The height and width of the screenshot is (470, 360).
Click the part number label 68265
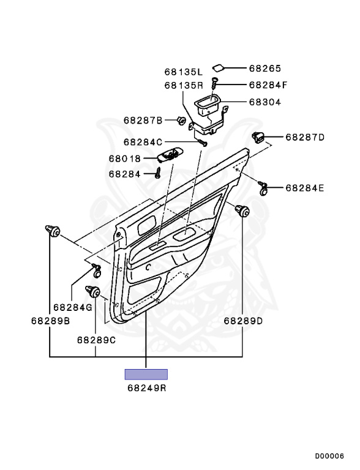[265, 69]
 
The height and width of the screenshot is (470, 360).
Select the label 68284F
[268, 85]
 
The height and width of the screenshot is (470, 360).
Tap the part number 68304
[265, 102]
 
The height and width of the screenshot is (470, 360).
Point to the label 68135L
[183, 72]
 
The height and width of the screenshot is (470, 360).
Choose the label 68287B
[143, 121]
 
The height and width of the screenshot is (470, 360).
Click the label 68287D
[305, 137]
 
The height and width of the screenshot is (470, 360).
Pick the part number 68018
[124, 159]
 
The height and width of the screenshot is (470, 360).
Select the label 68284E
[304, 188]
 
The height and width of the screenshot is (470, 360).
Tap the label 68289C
[96, 340]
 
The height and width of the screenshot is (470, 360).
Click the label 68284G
[73, 307]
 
